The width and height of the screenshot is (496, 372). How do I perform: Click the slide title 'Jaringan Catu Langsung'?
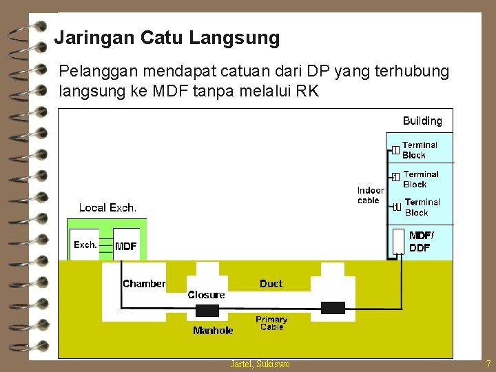(x=167, y=37)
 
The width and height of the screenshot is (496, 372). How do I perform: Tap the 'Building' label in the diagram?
(x=422, y=121)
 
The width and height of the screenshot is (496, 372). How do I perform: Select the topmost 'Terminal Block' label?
(x=420, y=150)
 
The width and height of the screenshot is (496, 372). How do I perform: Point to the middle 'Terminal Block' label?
(x=420, y=179)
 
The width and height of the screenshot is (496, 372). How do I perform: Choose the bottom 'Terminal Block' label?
(x=422, y=207)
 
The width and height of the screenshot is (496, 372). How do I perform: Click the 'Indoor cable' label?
(x=370, y=195)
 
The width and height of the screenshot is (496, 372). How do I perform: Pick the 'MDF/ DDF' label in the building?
(x=421, y=242)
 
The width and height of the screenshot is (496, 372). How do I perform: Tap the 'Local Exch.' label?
(x=107, y=207)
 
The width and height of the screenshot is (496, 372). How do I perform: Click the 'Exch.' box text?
(x=85, y=245)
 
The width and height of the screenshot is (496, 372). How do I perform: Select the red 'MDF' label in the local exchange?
(x=126, y=246)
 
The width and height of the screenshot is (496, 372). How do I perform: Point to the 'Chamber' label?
(x=144, y=284)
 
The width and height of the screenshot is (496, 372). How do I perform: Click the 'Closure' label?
(x=206, y=295)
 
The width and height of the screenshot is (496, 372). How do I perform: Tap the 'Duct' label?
(x=271, y=284)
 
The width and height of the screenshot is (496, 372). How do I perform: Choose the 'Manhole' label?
(x=213, y=331)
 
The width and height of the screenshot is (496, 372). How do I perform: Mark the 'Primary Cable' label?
(x=271, y=323)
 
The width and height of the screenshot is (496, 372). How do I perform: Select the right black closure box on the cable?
(x=333, y=308)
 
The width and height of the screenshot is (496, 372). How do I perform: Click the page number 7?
(x=488, y=364)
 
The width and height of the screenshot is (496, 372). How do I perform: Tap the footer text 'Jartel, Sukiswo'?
(x=260, y=364)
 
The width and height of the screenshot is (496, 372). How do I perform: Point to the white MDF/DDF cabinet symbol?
(x=398, y=242)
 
